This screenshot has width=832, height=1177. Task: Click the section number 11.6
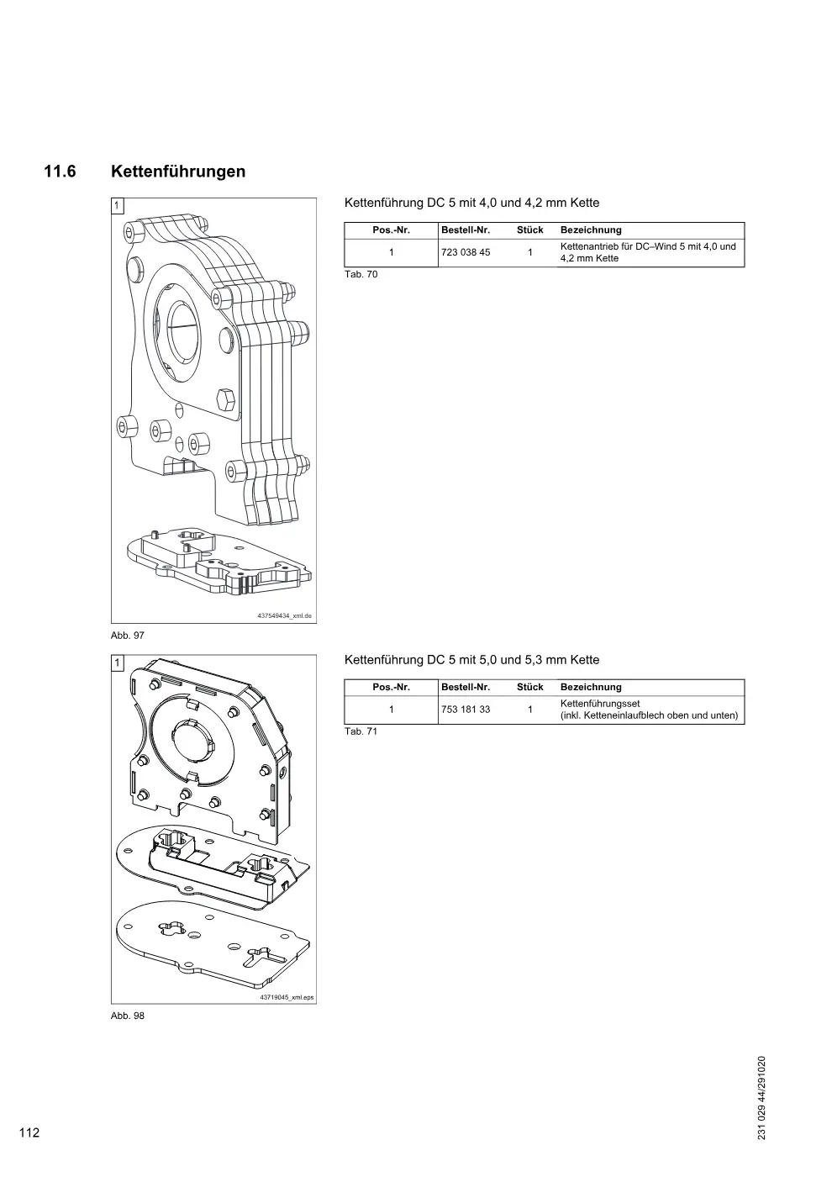(60, 172)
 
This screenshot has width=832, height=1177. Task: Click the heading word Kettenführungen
(178, 172)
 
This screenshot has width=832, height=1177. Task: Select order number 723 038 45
(466, 252)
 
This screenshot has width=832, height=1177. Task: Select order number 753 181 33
(466, 710)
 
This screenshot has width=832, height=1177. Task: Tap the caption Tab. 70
(361, 274)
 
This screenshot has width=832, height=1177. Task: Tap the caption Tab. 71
(361, 731)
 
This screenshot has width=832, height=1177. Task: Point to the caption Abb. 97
(127, 636)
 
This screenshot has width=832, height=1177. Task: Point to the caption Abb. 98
(127, 1016)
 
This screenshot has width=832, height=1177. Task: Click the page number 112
(29, 1132)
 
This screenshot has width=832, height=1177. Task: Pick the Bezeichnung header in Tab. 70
(591, 230)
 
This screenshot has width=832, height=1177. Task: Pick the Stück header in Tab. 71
(530, 688)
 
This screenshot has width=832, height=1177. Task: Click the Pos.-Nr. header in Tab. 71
(392, 688)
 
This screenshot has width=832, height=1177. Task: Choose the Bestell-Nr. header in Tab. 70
(466, 230)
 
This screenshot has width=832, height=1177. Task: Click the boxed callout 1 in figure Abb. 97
(118, 206)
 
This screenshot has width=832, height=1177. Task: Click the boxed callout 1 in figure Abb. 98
(118, 663)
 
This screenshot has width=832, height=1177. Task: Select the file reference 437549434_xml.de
(284, 615)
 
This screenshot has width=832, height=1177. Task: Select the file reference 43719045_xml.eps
(287, 997)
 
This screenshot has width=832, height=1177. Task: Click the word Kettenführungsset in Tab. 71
(600, 704)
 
